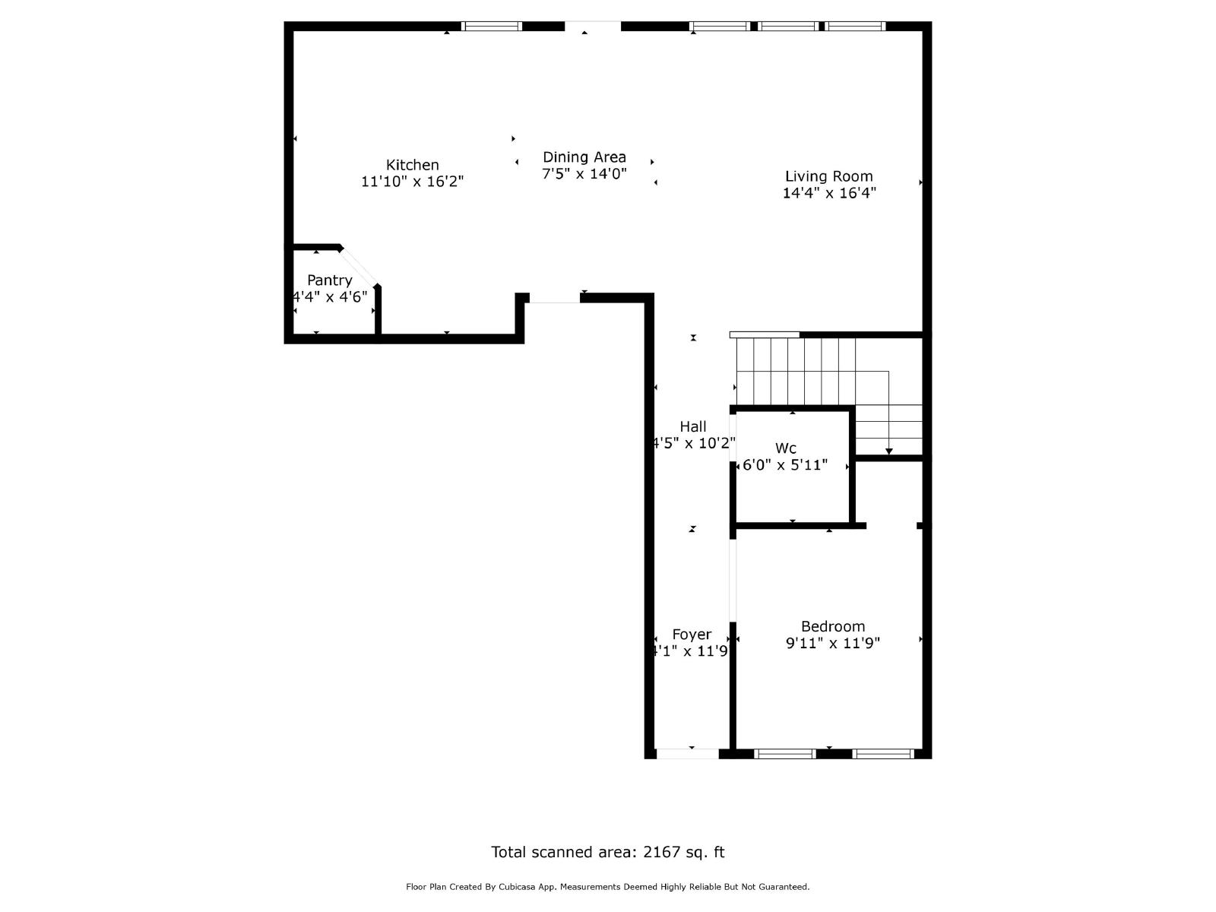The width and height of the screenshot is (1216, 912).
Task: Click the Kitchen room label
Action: [x=412, y=165]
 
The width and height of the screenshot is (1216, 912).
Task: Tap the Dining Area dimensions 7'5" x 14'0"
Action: [x=584, y=174]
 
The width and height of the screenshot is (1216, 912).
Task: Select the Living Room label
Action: [x=828, y=176]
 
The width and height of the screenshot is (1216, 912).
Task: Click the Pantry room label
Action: [x=329, y=280]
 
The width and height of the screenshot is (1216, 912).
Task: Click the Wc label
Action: [x=785, y=448]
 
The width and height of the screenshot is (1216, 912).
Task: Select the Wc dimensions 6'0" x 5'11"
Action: [x=784, y=465]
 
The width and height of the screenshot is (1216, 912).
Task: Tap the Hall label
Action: [x=692, y=426]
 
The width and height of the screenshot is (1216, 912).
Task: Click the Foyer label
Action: [x=692, y=635]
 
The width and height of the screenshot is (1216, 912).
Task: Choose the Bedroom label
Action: [x=832, y=626]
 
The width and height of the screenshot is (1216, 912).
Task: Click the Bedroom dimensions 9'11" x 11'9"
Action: [x=832, y=644]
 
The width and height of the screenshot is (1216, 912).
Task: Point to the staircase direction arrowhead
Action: [x=888, y=452]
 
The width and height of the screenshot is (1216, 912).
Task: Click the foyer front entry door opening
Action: [x=687, y=754]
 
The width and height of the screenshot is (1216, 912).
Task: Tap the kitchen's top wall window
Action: [x=492, y=26]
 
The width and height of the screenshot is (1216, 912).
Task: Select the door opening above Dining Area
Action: [x=592, y=26]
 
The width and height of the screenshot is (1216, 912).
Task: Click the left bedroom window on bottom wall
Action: [x=784, y=754]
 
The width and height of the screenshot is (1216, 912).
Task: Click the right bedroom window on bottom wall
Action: [x=882, y=754]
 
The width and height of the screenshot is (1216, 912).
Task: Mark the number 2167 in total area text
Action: [x=661, y=852]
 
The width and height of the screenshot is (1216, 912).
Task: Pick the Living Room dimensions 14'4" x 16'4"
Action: [x=828, y=194]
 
